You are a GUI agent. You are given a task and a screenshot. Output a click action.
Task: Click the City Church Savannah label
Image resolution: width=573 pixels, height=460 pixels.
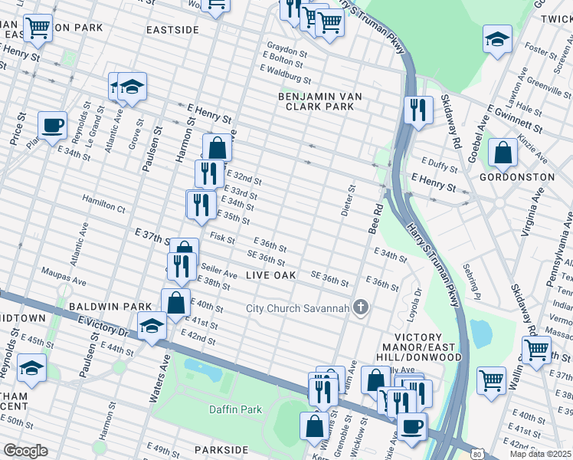296,309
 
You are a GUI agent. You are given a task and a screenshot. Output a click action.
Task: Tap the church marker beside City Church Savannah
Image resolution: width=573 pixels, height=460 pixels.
361,308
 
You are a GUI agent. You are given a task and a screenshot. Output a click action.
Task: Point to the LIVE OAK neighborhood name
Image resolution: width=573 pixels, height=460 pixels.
271,274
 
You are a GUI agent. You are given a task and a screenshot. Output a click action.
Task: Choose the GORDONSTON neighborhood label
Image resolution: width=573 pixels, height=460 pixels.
516,177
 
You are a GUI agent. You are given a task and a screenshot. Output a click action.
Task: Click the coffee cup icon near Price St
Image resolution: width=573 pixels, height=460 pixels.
52,125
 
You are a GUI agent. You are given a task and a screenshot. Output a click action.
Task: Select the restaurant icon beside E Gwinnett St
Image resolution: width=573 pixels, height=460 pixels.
418,110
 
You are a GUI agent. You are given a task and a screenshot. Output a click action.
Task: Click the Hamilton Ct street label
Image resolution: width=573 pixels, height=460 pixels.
104,207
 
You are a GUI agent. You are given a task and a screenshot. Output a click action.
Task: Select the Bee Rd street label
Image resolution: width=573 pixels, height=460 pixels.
375,219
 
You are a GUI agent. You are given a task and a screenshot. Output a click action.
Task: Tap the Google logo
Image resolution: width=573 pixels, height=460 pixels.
26,451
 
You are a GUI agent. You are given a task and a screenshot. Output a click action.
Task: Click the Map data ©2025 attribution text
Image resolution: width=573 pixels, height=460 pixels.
541,454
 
